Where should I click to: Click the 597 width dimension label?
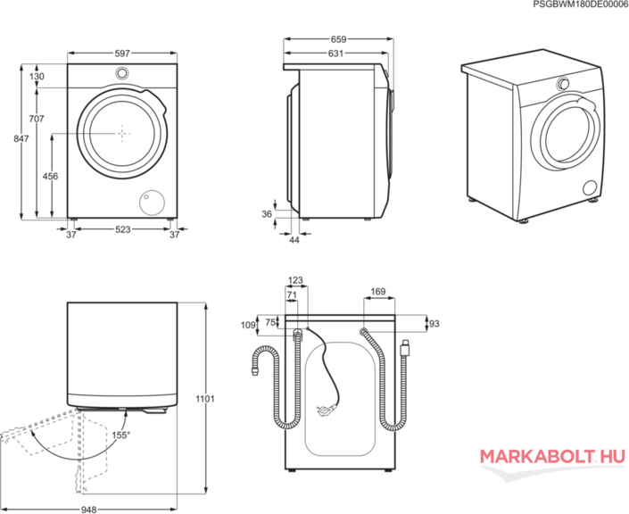tap(122, 54)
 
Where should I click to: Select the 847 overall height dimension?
tap(21, 138)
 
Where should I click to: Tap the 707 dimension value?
tap(37, 119)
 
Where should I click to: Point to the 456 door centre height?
tap(51, 176)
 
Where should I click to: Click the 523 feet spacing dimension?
tap(123, 229)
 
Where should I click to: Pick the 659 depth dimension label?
tap(338, 39)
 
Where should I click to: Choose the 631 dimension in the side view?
tap(335, 53)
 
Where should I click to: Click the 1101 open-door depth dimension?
tap(205, 399)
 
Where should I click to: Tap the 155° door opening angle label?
tap(121, 435)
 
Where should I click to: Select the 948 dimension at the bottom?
tap(88, 510)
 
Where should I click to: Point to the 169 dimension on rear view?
tap(378, 291)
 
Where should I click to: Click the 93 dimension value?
tap(435, 323)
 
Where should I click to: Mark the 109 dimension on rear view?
tap(248, 325)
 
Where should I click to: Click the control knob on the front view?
tap(122, 73)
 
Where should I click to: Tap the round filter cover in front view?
tap(152, 202)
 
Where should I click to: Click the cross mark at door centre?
tap(122, 133)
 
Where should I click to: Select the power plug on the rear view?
tap(326, 410)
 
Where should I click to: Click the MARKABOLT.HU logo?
tap(553, 457)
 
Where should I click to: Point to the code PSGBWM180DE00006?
tap(581, 4)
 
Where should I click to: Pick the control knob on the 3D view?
tap(563, 84)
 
